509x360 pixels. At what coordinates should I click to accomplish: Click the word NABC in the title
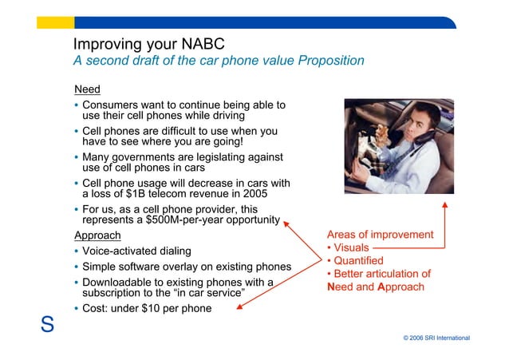(203, 44)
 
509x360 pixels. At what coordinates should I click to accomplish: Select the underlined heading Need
(87, 89)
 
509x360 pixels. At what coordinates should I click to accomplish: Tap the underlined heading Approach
(97, 235)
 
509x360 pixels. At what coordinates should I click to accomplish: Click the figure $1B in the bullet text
(136, 194)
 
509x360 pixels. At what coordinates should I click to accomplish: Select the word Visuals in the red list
(351, 247)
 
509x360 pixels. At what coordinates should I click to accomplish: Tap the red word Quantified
(358, 260)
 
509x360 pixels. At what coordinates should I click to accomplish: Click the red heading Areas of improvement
(380, 235)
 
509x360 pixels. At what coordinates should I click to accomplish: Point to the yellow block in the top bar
(56, 22)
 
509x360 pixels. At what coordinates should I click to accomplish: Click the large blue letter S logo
(47, 324)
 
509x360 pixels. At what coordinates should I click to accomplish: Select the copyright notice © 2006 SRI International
(436, 338)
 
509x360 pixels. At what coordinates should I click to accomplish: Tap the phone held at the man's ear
(424, 136)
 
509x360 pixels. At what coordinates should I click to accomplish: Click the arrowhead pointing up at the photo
(445, 205)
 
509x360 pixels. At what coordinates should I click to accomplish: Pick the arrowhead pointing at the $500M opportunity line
(286, 224)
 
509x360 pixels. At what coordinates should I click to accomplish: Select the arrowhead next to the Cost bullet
(239, 307)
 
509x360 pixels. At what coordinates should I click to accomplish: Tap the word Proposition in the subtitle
(331, 61)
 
